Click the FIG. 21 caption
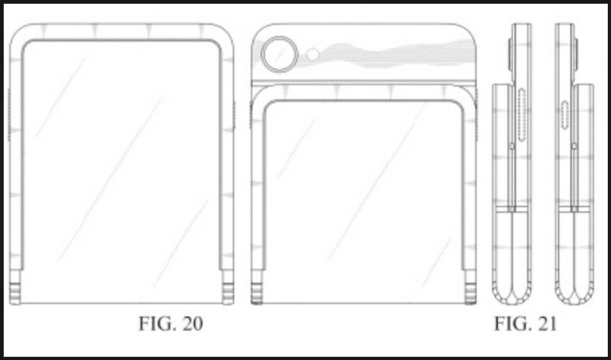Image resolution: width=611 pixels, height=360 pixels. (x=525, y=324)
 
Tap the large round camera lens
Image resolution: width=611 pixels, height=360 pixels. (x=277, y=54)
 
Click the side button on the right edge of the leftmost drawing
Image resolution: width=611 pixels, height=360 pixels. (x=235, y=115)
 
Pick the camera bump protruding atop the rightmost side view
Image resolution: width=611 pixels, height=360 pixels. (x=578, y=56)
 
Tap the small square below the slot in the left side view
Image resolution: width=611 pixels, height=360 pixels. (x=511, y=145)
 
